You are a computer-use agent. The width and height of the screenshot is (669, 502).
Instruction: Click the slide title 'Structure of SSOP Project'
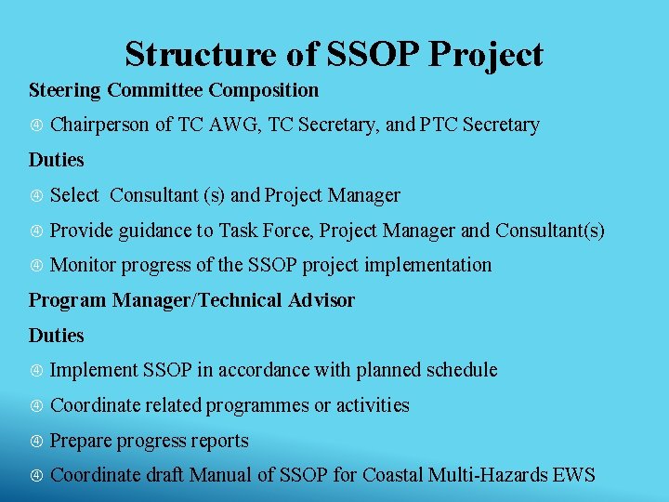coord(334,55)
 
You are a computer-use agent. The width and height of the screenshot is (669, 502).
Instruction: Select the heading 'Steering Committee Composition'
coord(174,90)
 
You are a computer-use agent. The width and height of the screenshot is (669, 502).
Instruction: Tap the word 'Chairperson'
coord(99,125)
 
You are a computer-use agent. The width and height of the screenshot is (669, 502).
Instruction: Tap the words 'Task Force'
coord(254,230)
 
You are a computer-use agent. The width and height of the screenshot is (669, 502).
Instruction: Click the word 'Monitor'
coord(84,265)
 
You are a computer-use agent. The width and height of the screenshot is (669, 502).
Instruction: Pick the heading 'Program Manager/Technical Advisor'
coord(191,300)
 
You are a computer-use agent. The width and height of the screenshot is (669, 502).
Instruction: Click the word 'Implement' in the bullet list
coord(93,370)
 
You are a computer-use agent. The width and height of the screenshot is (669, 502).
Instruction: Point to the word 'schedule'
coord(462,370)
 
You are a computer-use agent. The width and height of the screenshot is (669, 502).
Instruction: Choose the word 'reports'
coord(219,441)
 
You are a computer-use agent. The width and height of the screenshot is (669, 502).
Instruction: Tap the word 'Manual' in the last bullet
coord(220,476)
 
